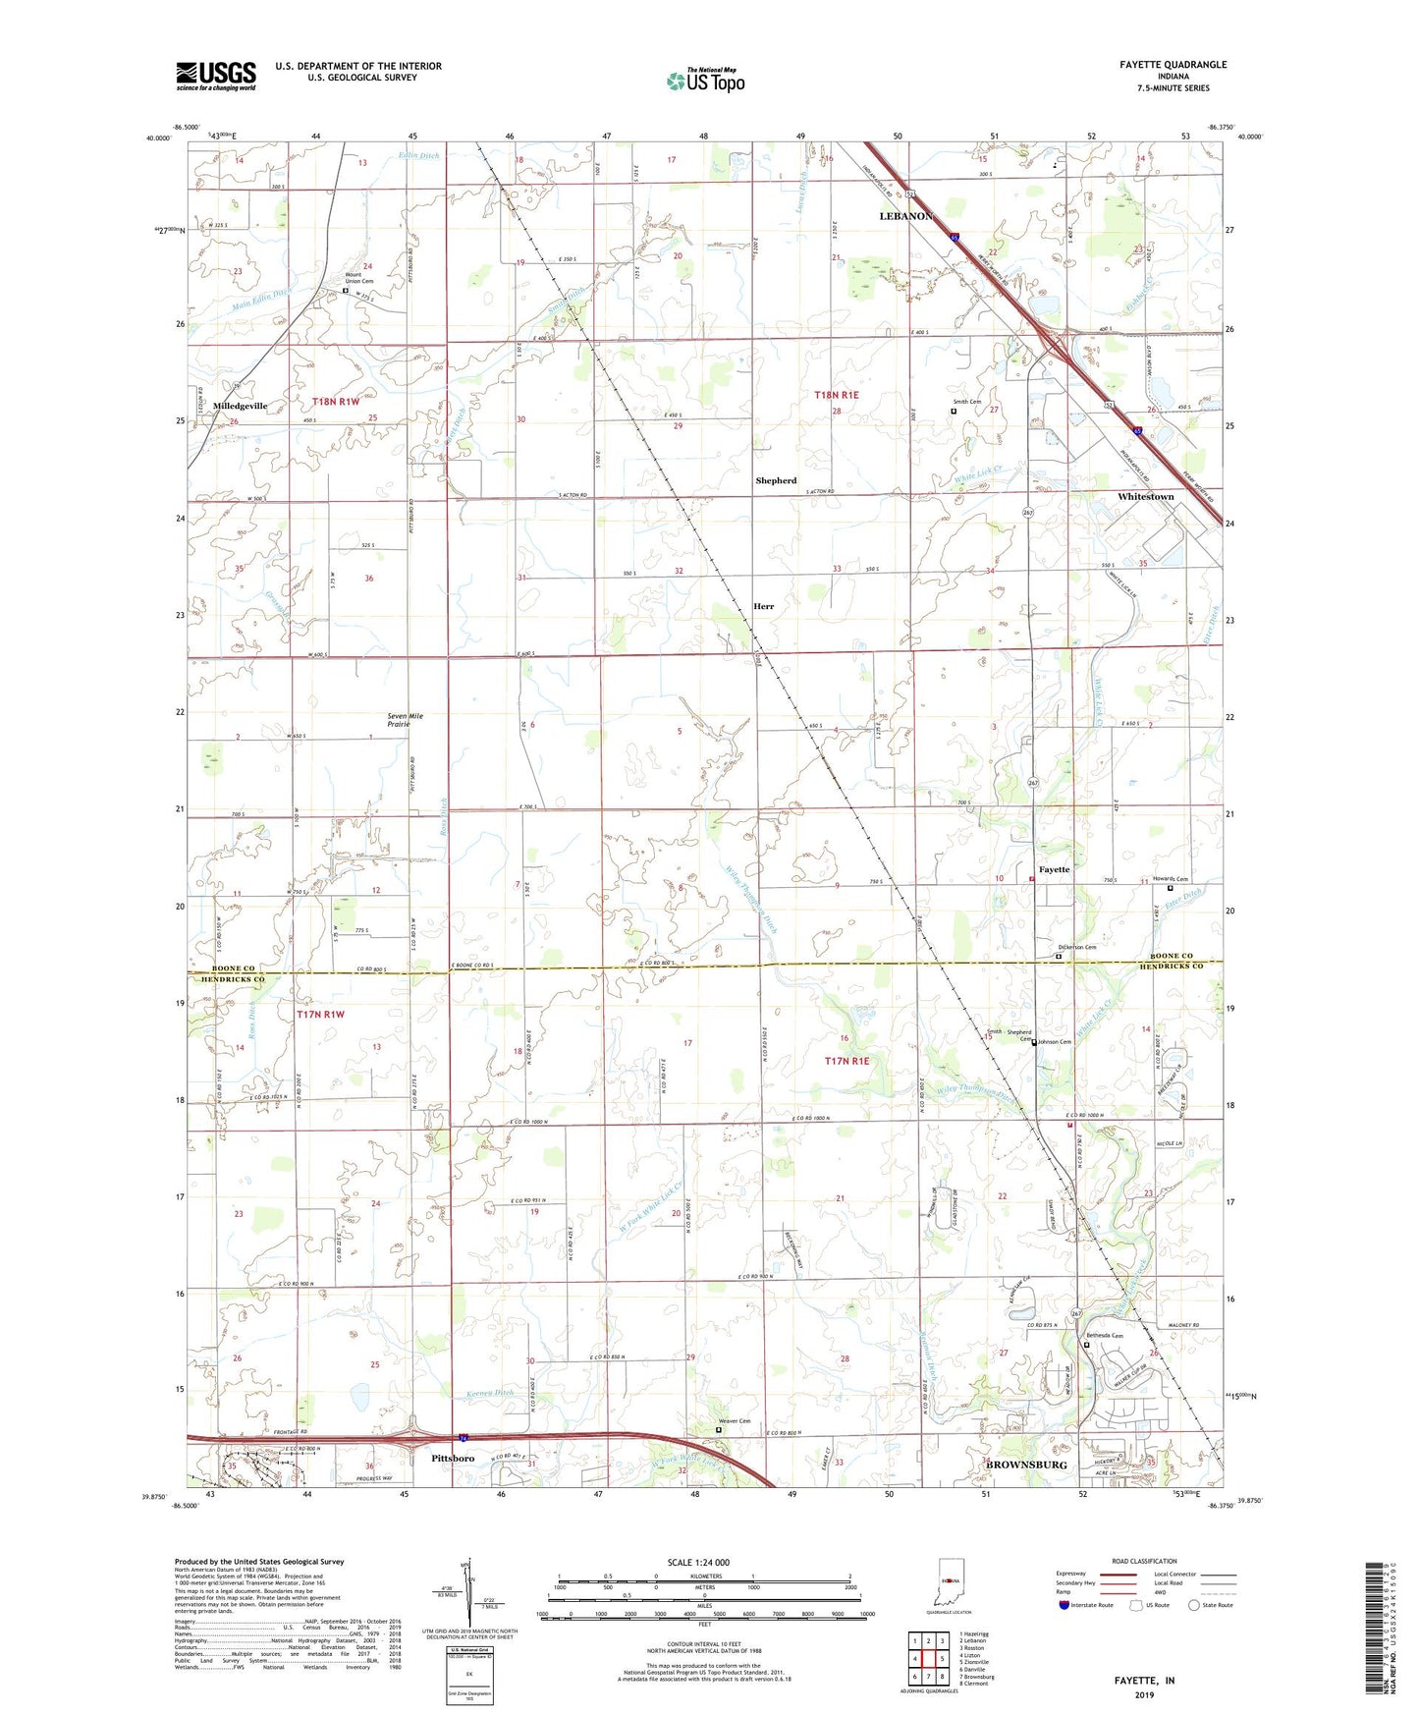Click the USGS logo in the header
[x=216, y=76]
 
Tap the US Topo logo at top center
[x=705, y=82]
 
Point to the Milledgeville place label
[x=240, y=406]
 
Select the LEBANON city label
[x=905, y=216]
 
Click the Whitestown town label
[x=1145, y=497]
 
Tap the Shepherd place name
[x=776, y=480]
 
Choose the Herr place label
[x=763, y=606]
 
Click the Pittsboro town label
[x=453, y=1458]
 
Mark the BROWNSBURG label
[x=1026, y=1465]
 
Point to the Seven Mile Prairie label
[x=405, y=720]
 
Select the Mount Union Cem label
[x=358, y=277]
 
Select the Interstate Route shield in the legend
[x=1065, y=1605]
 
